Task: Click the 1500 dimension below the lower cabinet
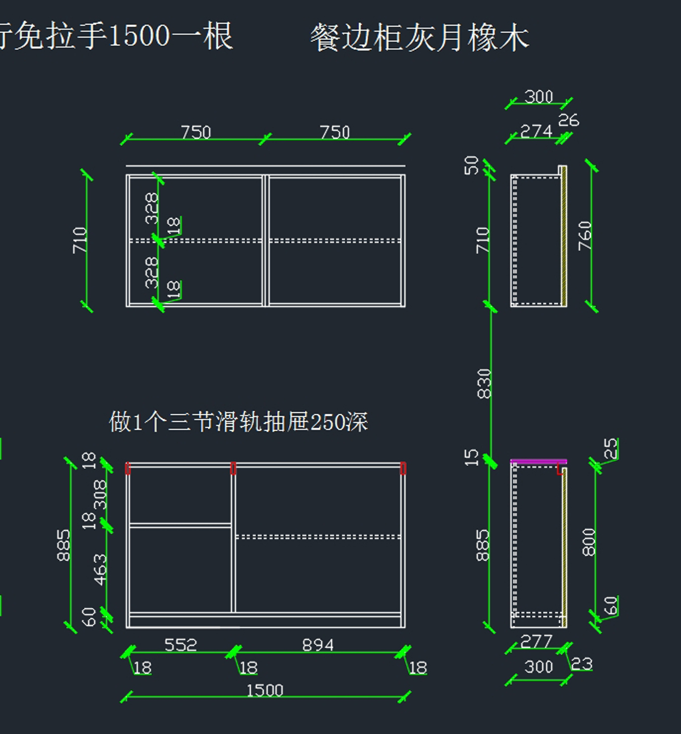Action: pyautogui.click(x=264, y=690)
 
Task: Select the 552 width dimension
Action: pyautogui.click(x=180, y=645)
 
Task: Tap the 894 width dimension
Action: pyautogui.click(x=318, y=645)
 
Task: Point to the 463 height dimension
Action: pyautogui.click(x=100, y=570)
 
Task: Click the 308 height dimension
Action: pyautogui.click(x=100, y=494)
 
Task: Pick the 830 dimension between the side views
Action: pyautogui.click(x=484, y=383)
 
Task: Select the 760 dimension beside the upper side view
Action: pyautogui.click(x=585, y=235)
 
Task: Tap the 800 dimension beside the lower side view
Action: pyautogui.click(x=589, y=542)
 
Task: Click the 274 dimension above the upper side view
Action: pyautogui.click(x=536, y=132)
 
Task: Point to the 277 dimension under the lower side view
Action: pyautogui.click(x=536, y=642)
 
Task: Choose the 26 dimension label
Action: pyautogui.click(x=568, y=120)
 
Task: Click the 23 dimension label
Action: pyautogui.click(x=582, y=664)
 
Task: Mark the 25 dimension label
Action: pyautogui.click(x=610, y=448)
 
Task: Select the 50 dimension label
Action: pyautogui.click(x=472, y=165)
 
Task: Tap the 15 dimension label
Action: pyautogui.click(x=472, y=457)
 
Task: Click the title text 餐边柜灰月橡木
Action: pyautogui.click(x=419, y=39)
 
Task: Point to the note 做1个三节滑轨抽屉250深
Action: pyautogui.click(x=238, y=422)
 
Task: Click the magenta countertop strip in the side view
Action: pyautogui.click(x=538, y=462)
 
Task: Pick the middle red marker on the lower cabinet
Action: pyautogui.click(x=233, y=469)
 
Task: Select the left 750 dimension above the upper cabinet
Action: pyautogui.click(x=196, y=132)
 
